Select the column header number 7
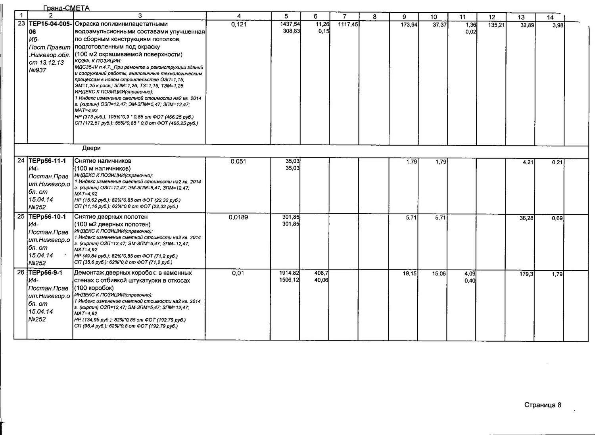(x=344, y=16)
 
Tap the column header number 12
(x=492, y=17)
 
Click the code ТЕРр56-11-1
(x=47, y=161)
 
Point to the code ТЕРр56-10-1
(x=47, y=217)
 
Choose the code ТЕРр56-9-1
(x=46, y=273)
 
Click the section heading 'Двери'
(x=91, y=148)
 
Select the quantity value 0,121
(x=239, y=25)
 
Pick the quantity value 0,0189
(x=238, y=217)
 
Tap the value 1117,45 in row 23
(x=348, y=25)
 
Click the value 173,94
(x=409, y=25)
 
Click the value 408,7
(x=321, y=273)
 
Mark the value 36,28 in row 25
(x=526, y=218)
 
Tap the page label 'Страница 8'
(x=543, y=405)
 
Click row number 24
(x=21, y=161)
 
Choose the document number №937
(x=37, y=70)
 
